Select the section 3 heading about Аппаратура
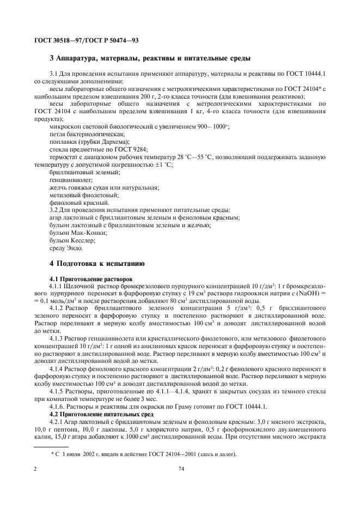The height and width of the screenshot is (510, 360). coord(150,58)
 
